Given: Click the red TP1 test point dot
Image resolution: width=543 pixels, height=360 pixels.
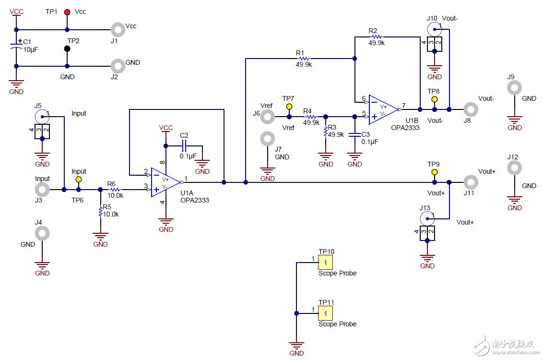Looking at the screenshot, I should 67,12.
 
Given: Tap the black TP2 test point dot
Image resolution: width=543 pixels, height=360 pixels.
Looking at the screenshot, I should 67,48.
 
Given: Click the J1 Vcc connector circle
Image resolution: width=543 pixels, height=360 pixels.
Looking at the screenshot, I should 118,30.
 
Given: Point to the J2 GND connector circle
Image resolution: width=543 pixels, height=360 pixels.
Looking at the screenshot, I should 118,66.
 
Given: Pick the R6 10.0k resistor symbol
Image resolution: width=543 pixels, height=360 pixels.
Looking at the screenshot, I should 115,190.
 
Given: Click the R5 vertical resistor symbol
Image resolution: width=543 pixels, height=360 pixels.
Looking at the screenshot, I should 100,212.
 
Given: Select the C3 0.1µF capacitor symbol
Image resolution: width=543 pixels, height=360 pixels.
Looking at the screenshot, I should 354,135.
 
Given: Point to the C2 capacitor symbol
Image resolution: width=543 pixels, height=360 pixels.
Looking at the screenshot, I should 185,145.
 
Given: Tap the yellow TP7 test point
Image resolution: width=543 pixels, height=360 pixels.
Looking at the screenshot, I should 289,107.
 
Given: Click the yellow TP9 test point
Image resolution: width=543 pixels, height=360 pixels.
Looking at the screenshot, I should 434,172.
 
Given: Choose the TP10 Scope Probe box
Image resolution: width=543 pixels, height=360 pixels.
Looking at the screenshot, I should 325,263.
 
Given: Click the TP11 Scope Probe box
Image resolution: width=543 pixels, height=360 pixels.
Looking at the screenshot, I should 325,313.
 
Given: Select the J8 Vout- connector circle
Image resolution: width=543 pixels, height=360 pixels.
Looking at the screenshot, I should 471,109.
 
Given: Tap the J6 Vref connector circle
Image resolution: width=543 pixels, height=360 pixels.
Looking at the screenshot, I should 267,116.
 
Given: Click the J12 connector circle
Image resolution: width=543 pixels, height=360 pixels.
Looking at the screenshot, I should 514,168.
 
